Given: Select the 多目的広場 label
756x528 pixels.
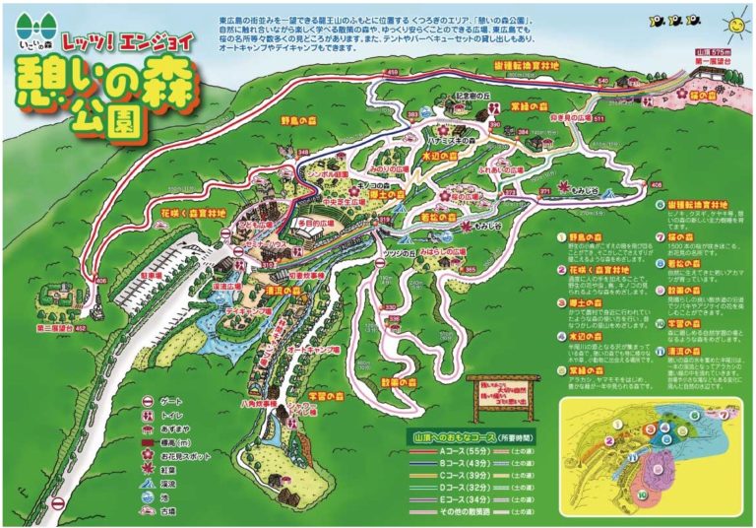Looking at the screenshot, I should [x=306, y=225].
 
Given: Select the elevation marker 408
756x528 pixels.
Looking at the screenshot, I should [x=657, y=184].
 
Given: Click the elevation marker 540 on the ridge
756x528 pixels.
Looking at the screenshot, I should [x=602, y=80].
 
